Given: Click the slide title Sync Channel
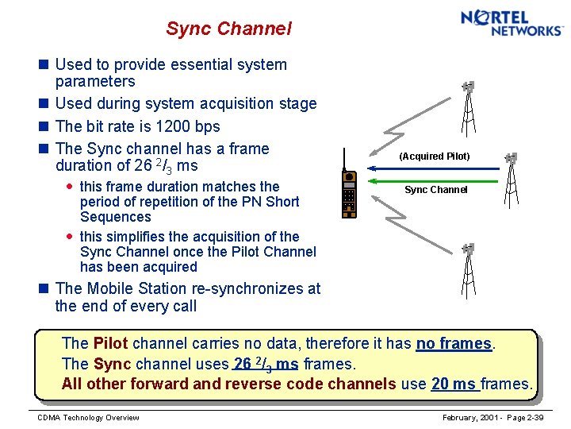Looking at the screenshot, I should (228, 29).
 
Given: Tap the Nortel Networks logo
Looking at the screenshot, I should (512, 22).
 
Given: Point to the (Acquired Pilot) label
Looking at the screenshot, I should (435, 157).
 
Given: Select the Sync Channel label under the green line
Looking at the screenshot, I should (435, 190).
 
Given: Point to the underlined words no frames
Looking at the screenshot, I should (454, 343).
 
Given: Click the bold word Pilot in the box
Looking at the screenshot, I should (110, 343).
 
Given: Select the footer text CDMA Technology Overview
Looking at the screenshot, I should (88, 418).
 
